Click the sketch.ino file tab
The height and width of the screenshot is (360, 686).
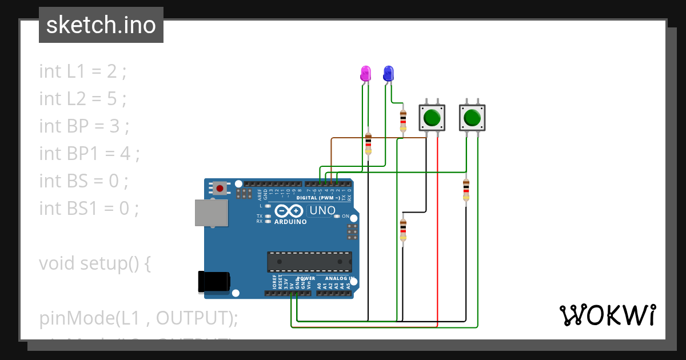[101, 25]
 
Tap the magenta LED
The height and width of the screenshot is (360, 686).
[366, 73]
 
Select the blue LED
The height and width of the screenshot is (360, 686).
[388, 73]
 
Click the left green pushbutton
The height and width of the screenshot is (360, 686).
[432, 118]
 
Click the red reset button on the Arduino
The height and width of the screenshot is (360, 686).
[220, 187]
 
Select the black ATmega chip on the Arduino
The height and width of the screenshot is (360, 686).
[309, 261]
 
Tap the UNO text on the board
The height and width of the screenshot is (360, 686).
[322, 211]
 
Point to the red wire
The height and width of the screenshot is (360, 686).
[437, 229]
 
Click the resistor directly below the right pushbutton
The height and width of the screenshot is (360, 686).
[466, 190]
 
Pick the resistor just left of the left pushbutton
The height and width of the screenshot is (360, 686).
[403, 121]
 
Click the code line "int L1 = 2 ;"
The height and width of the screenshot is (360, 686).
[82, 71]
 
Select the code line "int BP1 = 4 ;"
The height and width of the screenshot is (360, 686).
[89, 154]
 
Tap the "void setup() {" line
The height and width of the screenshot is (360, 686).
[95, 263]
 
